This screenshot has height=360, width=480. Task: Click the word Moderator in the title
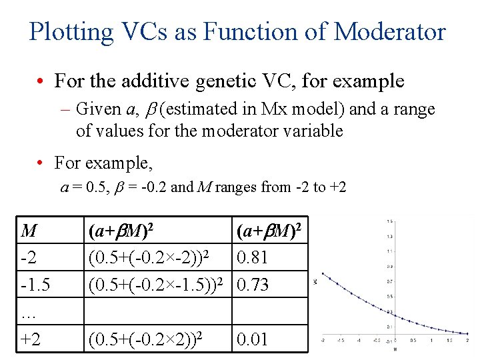click(x=390, y=31)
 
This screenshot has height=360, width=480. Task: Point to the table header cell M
click(x=29, y=231)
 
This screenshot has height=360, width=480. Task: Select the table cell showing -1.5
click(x=35, y=285)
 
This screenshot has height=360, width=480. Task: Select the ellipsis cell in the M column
click(x=30, y=311)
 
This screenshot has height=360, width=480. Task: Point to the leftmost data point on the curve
click(x=322, y=274)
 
